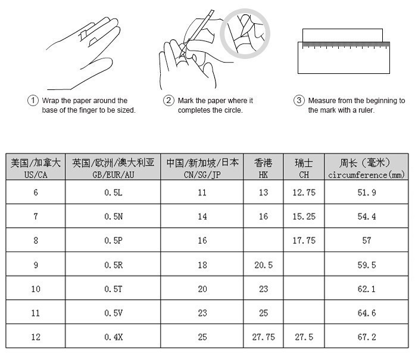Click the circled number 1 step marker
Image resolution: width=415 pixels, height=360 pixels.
click(x=33, y=101)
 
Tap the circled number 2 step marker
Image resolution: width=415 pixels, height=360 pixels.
click(x=169, y=101)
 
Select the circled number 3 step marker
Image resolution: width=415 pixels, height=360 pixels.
click(x=299, y=101)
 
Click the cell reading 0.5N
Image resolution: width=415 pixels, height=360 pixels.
click(x=114, y=216)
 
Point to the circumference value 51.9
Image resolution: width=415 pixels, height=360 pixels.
click(x=367, y=193)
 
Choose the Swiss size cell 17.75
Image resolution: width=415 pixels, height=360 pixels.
click(x=304, y=241)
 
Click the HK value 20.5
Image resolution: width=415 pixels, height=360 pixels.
click(x=263, y=265)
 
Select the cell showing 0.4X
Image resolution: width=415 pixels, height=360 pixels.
click(x=114, y=337)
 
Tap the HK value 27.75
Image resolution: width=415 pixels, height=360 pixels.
click(x=263, y=337)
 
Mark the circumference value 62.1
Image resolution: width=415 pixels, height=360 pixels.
click(x=367, y=288)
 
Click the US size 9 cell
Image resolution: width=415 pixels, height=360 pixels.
click(x=36, y=265)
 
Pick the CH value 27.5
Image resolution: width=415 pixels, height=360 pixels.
click(x=304, y=337)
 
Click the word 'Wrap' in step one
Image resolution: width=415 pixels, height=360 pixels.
click(x=51, y=101)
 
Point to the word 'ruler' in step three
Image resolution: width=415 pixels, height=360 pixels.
click(x=366, y=110)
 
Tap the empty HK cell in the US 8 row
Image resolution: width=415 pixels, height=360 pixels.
click(x=263, y=240)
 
